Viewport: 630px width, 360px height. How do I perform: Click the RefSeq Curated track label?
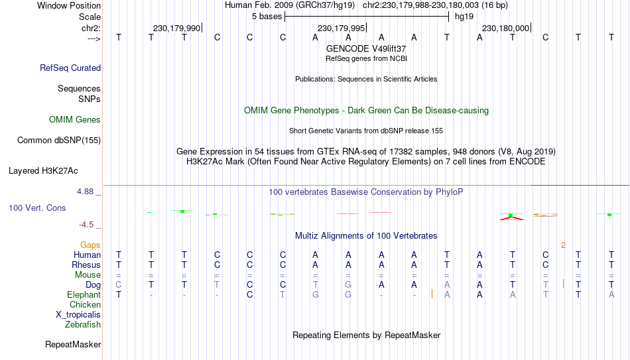(x=70, y=68)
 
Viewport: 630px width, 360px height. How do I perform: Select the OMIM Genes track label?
(x=75, y=120)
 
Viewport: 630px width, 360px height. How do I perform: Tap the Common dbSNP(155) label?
(x=59, y=141)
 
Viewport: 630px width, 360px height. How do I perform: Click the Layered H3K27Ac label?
(x=43, y=171)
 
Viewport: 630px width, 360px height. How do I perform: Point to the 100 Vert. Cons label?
(x=37, y=208)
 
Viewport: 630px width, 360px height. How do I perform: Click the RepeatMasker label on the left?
(x=73, y=344)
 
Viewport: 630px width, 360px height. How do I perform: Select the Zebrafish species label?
(x=83, y=324)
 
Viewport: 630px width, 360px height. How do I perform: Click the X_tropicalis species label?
(x=78, y=315)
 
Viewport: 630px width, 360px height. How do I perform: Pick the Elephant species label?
(x=84, y=294)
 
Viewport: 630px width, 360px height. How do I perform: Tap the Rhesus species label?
(x=86, y=265)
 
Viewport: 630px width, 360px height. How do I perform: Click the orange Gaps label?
(x=90, y=245)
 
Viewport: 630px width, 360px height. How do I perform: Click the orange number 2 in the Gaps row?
(x=563, y=245)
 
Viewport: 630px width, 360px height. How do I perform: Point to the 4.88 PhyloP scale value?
(x=86, y=192)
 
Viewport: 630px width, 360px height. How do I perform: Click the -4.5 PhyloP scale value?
(x=86, y=225)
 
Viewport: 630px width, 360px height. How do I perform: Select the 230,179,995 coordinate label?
(x=341, y=28)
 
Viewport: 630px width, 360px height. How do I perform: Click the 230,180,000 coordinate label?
(x=505, y=28)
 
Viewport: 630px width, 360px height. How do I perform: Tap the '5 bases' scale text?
(x=267, y=17)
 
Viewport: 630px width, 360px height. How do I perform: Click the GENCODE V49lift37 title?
(x=366, y=48)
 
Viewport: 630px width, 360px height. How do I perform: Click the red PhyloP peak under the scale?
(x=511, y=218)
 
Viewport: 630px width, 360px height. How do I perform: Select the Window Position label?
(x=69, y=5)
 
